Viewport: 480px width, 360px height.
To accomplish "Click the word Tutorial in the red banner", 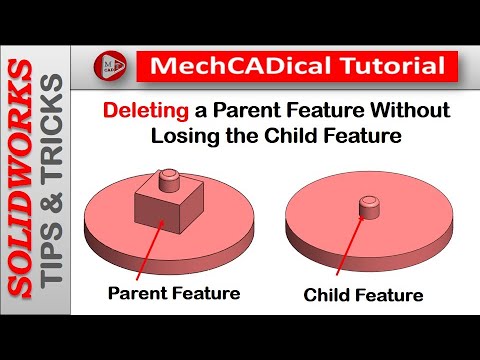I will click(x=385, y=68).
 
